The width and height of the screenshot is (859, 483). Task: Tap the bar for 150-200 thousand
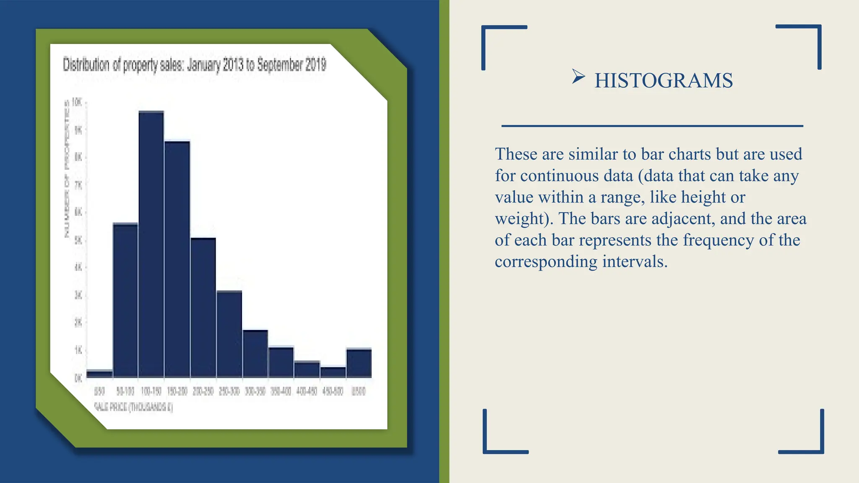click(177, 260)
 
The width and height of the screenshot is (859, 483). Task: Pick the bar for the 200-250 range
click(203, 308)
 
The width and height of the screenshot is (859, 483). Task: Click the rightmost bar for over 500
click(359, 363)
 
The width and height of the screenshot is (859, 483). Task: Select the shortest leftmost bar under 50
click(99, 374)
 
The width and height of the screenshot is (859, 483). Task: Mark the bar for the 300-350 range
click(255, 354)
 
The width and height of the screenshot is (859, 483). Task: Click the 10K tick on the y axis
click(77, 102)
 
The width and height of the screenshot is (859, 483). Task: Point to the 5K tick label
click(78, 240)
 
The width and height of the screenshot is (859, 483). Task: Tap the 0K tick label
click(78, 378)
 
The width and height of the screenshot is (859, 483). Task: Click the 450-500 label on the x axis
click(333, 392)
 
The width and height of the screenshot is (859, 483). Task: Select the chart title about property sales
click(194, 65)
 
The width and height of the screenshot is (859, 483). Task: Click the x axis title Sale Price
click(133, 407)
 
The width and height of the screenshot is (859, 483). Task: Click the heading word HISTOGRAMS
click(664, 80)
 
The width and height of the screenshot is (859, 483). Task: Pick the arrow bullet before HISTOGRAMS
click(578, 77)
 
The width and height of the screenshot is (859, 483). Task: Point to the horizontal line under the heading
click(652, 126)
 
